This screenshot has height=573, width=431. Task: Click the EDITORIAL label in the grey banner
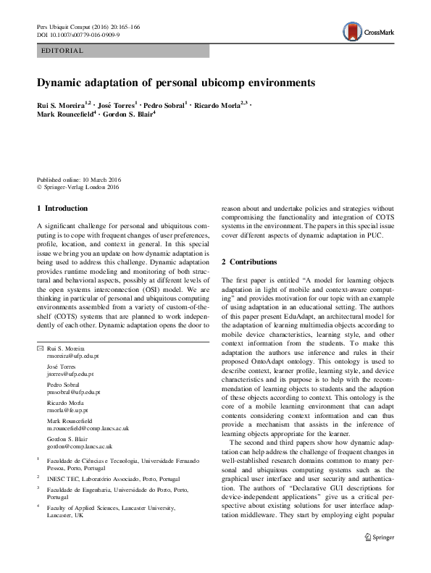[x=63, y=51]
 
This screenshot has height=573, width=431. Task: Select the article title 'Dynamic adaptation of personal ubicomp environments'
[x=177, y=83]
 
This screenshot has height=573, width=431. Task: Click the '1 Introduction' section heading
[x=64, y=209]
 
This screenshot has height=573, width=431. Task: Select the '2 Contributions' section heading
[x=248, y=261]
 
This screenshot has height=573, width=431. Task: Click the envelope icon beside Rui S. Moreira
[x=40, y=349]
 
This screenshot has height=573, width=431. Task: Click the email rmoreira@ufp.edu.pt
[x=73, y=356]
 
